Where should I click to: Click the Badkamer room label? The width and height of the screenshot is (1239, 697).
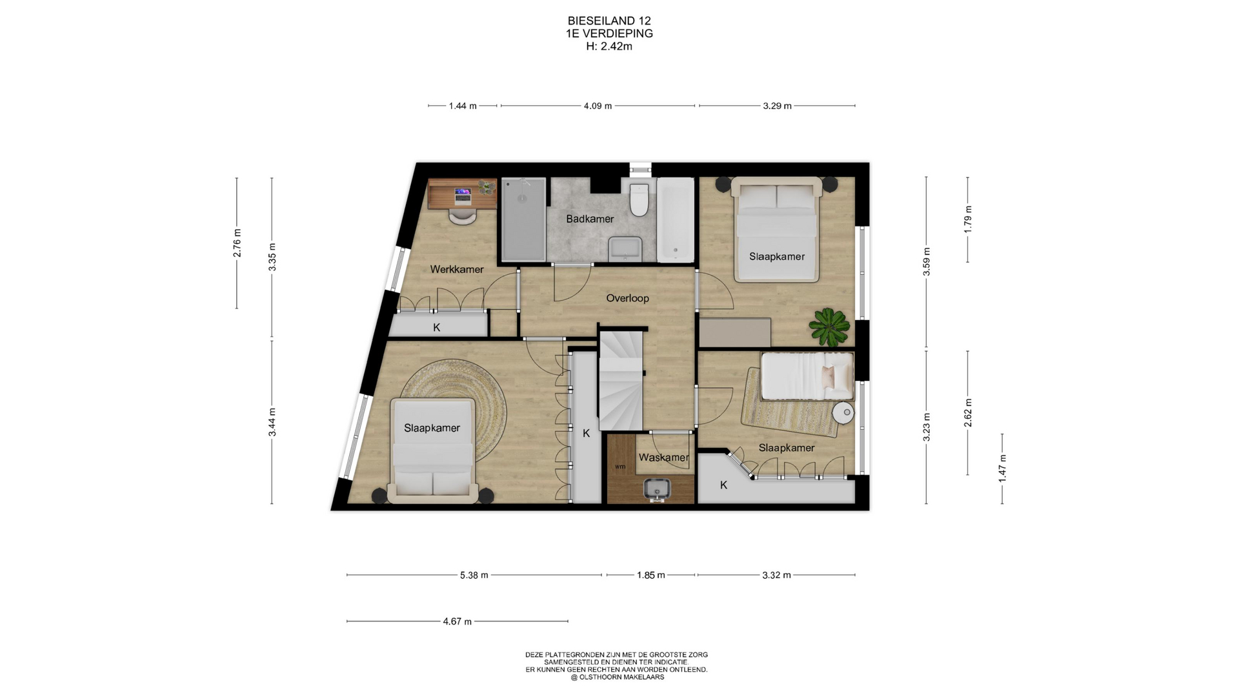pos(590,219)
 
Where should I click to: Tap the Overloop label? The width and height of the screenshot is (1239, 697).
pos(627,298)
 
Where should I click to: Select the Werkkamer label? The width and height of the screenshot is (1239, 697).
pos(457,269)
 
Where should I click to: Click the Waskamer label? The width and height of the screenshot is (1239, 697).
pos(663,458)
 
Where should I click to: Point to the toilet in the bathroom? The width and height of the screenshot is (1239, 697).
pos(640,199)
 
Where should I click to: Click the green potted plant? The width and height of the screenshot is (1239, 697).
pos(829,327)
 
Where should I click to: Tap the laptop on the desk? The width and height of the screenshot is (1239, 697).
pos(463,192)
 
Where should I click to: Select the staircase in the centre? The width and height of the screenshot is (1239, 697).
pos(621,381)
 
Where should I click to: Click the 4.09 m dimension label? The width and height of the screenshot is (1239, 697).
pos(598,106)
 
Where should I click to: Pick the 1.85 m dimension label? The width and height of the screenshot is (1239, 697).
pos(650,575)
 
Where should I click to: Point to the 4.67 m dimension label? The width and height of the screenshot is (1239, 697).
pos(457,621)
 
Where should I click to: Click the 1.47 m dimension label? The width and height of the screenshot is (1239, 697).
pos(1002,468)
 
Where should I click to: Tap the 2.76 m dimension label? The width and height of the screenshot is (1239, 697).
pos(237,243)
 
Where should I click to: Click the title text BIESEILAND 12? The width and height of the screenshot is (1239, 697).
pos(609,21)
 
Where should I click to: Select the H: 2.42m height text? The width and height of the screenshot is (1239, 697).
pos(609,46)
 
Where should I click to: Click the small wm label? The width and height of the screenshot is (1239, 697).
pos(619,467)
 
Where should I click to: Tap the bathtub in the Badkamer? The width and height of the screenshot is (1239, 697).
pos(675,220)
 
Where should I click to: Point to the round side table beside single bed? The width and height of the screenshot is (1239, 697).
pos(843,412)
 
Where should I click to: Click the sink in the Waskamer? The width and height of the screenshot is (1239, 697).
pos(657,490)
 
